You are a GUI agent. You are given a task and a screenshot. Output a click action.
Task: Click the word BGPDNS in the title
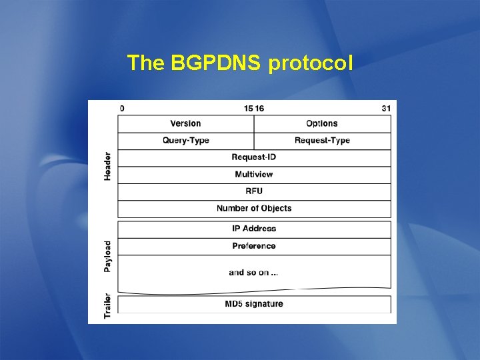click(217, 63)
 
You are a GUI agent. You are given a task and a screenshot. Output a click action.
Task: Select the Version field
click(185, 123)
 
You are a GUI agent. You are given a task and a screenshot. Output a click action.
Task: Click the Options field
click(322, 123)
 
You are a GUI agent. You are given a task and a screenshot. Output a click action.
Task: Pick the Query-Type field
click(185, 140)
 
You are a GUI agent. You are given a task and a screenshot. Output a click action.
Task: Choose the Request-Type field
click(322, 140)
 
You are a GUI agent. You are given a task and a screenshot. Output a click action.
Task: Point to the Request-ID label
click(254, 157)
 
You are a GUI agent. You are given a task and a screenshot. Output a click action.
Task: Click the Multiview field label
click(254, 174)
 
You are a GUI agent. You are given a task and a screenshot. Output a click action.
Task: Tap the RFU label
click(254, 191)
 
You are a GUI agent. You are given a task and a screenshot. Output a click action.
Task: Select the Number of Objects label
click(254, 208)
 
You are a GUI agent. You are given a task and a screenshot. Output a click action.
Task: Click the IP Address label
click(254, 229)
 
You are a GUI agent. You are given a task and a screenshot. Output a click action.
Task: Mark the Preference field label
click(254, 246)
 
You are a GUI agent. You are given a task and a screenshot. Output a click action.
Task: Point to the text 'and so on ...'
click(254, 272)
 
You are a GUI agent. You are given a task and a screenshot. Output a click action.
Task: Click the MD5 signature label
click(254, 304)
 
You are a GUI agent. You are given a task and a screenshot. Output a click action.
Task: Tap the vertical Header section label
click(107, 166)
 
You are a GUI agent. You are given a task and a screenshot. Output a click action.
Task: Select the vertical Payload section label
click(107, 256)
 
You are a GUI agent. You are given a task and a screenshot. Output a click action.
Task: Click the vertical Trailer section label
click(107, 305)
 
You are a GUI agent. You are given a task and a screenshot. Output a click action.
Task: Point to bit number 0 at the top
click(121, 107)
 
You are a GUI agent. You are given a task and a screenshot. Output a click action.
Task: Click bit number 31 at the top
click(386, 107)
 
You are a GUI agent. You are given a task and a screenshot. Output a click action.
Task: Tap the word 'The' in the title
click(146, 63)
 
